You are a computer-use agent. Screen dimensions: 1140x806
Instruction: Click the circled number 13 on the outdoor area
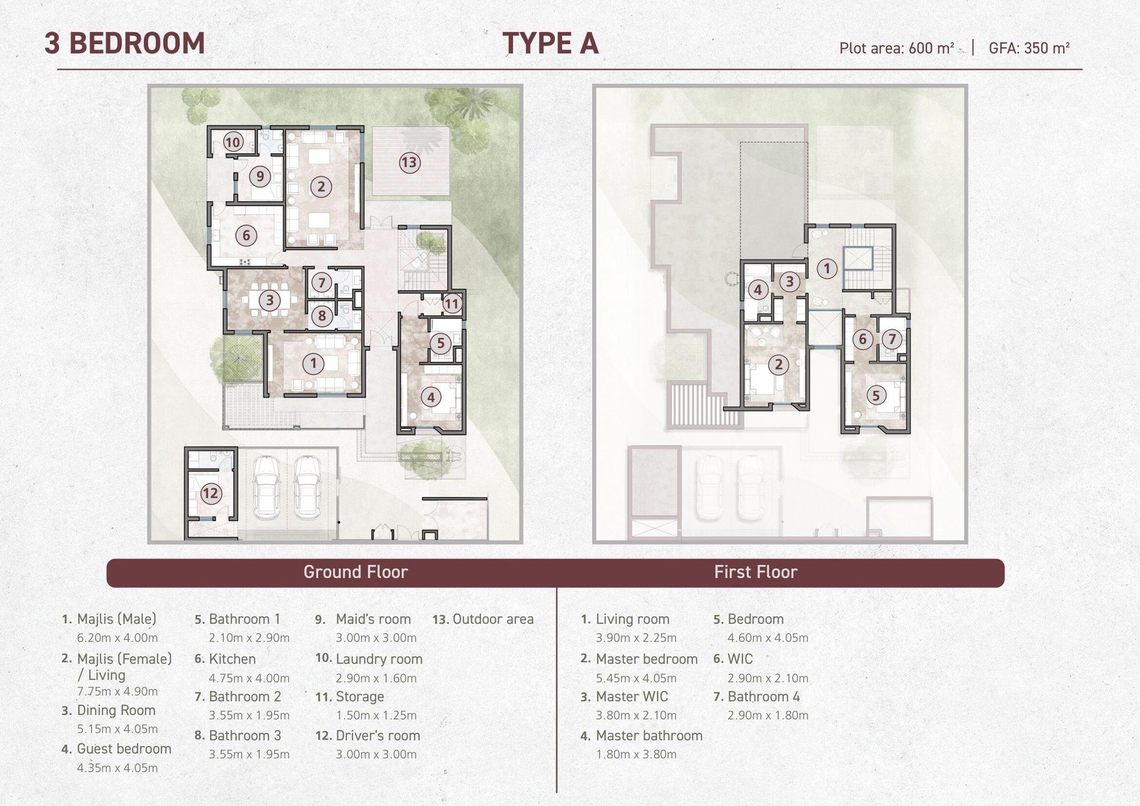(x=409, y=162)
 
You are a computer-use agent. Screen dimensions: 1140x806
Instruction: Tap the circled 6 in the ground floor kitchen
(x=247, y=235)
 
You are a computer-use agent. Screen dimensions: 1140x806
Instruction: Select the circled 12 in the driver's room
(x=210, y=493)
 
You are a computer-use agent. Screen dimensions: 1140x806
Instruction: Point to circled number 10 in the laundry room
(x=233, y=142)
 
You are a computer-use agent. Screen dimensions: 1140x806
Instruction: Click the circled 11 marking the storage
(x=452, y=304)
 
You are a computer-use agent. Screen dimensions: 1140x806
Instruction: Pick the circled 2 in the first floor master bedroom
(x=778, y=364)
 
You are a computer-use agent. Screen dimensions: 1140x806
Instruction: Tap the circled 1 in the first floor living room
(x=827, y=269)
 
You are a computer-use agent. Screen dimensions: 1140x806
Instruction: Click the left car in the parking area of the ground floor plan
(x=266, y=486)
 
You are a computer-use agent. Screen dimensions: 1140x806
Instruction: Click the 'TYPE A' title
(x=550, y=43)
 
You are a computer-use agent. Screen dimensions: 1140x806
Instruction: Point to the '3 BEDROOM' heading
(x=125, y=43)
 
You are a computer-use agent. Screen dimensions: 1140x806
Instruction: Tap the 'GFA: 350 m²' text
(x=1029, y=48)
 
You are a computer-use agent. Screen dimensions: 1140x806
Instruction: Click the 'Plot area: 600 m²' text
(x=897, y=48)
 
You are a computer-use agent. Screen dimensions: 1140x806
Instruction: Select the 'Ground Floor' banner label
(x=356, y=572)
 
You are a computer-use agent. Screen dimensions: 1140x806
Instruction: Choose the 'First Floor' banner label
(x=756, y=572)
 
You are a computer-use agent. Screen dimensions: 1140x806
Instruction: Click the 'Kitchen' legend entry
(x=232, y=659)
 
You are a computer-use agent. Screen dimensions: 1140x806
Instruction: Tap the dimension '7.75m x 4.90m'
(x=118, y=691)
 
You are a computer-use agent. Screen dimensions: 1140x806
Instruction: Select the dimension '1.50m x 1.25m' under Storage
(x=376, y=715)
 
